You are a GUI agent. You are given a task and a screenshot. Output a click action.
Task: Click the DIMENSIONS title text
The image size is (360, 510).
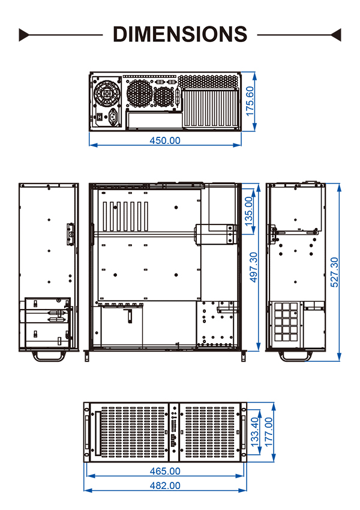coord(180,34)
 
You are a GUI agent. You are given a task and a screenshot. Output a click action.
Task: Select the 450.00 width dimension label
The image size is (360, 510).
coord(165,140)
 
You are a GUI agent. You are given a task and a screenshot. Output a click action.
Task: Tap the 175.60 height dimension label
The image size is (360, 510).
coord(250,101)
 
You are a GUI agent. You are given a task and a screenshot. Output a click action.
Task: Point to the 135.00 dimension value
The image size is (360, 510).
coord(248,211)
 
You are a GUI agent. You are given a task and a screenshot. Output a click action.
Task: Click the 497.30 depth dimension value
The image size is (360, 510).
coord(253,267)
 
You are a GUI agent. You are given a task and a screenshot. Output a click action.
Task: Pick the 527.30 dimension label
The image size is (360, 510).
coord(334,272)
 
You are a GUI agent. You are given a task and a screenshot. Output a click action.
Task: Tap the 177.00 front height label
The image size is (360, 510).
coord(269,432)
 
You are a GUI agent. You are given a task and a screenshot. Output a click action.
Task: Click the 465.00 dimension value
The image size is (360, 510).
coord(165,471)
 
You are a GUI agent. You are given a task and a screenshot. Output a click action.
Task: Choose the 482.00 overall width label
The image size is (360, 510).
coord(165,485)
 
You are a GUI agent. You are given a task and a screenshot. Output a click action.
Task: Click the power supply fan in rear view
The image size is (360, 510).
coord(107,94)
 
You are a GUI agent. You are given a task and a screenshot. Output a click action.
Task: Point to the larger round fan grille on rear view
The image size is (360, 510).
coord(140,94)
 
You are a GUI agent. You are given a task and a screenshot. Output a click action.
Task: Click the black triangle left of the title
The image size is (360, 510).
coord(24,35)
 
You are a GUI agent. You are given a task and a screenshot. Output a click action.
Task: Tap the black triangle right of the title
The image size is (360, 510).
coord(336,35)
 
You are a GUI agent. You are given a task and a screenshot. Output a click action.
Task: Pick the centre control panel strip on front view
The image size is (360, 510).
coord(174,432)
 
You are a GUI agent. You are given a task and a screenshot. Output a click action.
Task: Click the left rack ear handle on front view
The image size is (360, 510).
coord(87,432)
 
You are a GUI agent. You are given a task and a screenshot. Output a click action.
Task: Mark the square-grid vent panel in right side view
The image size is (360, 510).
coord(286,322)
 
